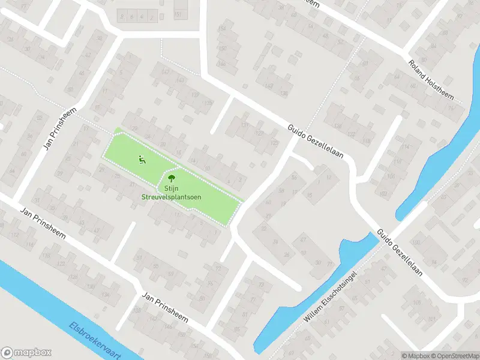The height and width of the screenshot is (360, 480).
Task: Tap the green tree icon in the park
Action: tap(171, 178)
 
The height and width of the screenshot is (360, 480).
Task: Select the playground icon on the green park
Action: tap(141, 159)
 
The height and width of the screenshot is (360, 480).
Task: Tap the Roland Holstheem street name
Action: tap(432, 79)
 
